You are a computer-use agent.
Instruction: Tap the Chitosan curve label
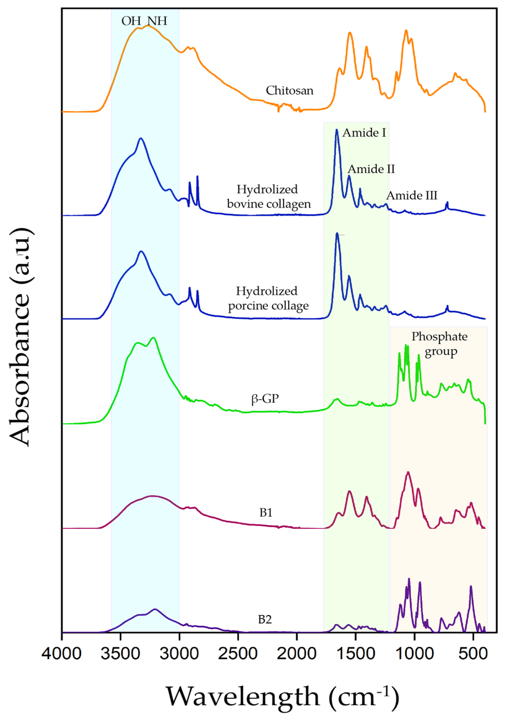289,91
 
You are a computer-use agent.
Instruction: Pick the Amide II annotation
371,169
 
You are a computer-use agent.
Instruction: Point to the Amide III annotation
412,196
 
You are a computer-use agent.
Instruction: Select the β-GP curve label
265,399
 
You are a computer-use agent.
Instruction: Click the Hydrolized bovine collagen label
268,196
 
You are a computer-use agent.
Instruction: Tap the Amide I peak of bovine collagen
337,130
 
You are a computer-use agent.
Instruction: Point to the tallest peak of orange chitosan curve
148,26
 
